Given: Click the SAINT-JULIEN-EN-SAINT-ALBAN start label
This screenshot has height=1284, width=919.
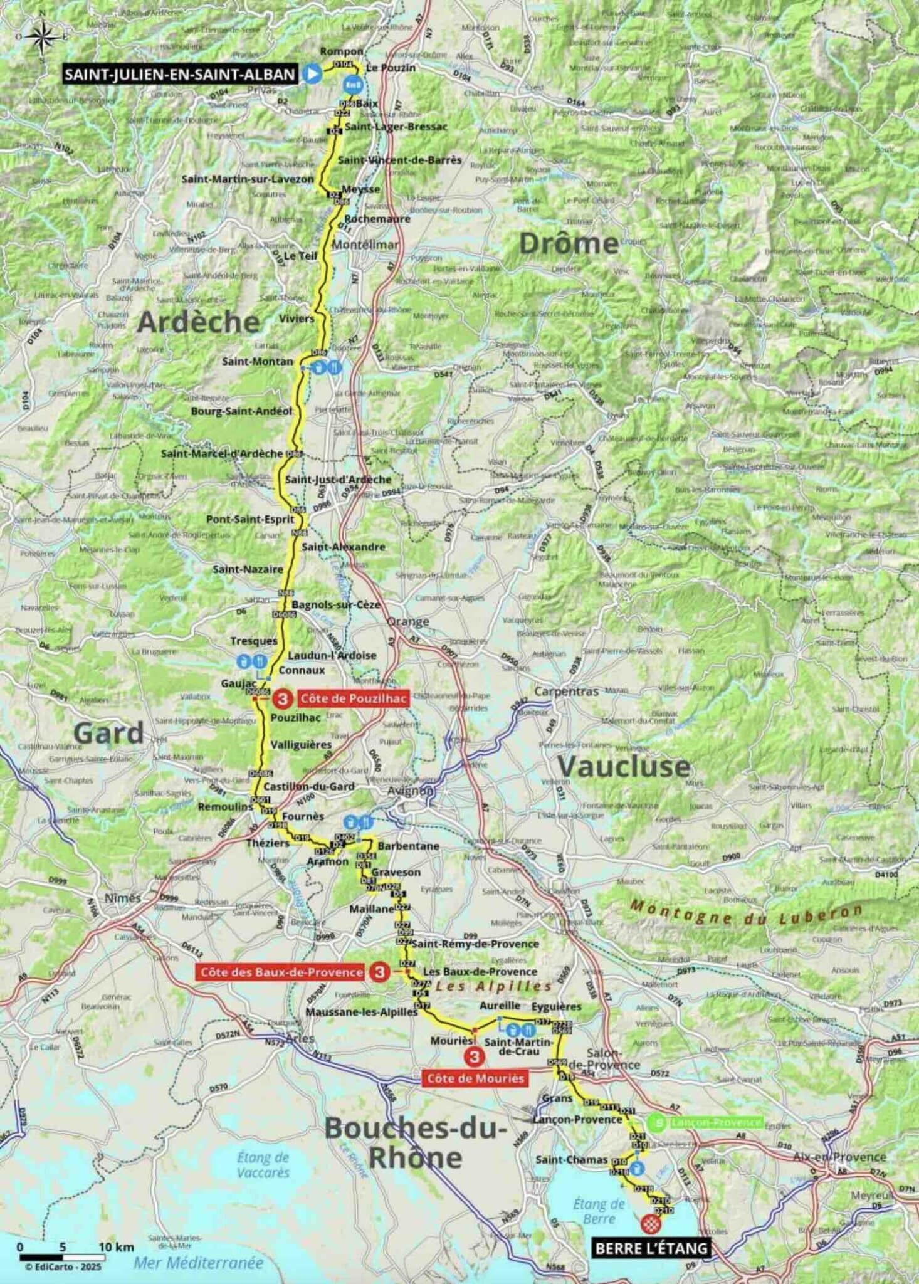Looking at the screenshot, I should pyautogui.click(x=180, y=75).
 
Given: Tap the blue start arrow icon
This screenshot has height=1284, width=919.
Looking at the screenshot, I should pyautogui.click(x=312, y=74).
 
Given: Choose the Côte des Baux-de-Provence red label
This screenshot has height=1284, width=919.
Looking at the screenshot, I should pyautogui.click(x=281, y=972).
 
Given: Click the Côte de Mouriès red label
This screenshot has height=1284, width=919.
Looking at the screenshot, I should pyautogui.click(x=475, y=1078).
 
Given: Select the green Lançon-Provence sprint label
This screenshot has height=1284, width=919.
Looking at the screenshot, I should pyautogui.click(x=715, y=1123).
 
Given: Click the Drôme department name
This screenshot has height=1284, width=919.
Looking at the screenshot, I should pyautogui.click(x=569, y=243).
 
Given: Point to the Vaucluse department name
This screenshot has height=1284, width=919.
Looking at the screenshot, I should pyautogui.click(x=624, y=766).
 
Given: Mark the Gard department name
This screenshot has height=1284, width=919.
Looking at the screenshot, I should pyautogui.click(x=108, y=732).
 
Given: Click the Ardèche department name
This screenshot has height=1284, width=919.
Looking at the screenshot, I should pyautogui.click(x=198, y=322).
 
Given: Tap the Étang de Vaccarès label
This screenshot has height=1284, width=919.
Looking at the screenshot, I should pyautogui.click(x=263, y=1165).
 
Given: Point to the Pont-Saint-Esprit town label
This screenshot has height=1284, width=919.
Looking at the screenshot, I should pyautogui.click(x=250, y=519).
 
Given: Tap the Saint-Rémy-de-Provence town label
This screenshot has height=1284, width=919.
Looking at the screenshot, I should pyautogui.click(x=475, y=944).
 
